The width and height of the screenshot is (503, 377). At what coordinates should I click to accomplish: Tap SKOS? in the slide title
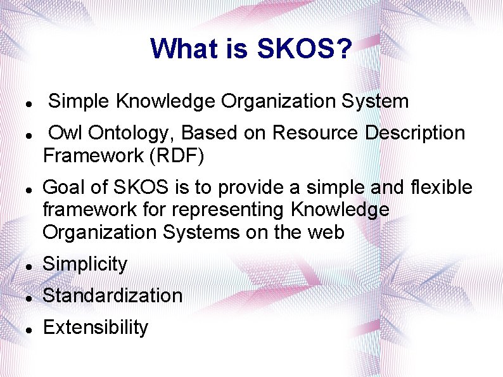click(x=304, y=49)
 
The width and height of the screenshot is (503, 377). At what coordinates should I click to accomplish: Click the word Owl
click(x=67, y=133)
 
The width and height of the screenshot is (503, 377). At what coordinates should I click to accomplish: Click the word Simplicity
click(x=85, y=264)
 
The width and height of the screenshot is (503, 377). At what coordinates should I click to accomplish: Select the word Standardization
click(x=112, y=296)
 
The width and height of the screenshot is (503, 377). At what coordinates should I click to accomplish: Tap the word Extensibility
click(x=95, y=328)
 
